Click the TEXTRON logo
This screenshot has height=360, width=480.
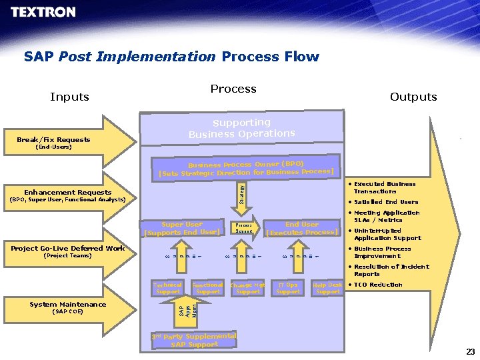[x=43, y=13]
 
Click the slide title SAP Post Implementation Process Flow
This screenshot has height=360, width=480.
[x=171, y=57]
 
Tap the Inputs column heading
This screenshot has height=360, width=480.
[x=69, y=97]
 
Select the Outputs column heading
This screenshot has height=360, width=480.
[x=413, y=97]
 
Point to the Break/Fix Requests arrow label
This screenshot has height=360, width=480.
[x=53, y=140]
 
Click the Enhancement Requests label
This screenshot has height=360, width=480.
[x=68, y=193]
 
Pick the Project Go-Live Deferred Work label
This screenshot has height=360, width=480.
[x=68, y=249]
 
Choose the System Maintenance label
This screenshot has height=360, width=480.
[x=67, y=305]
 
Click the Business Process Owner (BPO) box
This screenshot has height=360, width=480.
[x=245, y=168]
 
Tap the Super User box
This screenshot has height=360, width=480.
[x=182, y=228]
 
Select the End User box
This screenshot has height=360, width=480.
[x=302, y=228]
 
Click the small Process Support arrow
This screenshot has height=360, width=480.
[x=244, y=228]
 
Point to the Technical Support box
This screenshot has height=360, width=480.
[x=167, y=288]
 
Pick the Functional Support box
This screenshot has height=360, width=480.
[x=207, y=288]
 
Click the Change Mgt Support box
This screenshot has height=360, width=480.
[x=248, y=288]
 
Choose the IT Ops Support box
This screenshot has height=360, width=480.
[x=288, y=288]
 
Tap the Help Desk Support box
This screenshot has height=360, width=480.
[x=327, y=288]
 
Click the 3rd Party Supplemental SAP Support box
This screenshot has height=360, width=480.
[x=194, y=340]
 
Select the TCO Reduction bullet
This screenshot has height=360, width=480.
[x=377, y=285]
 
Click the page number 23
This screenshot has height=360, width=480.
[x=470, y=351]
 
